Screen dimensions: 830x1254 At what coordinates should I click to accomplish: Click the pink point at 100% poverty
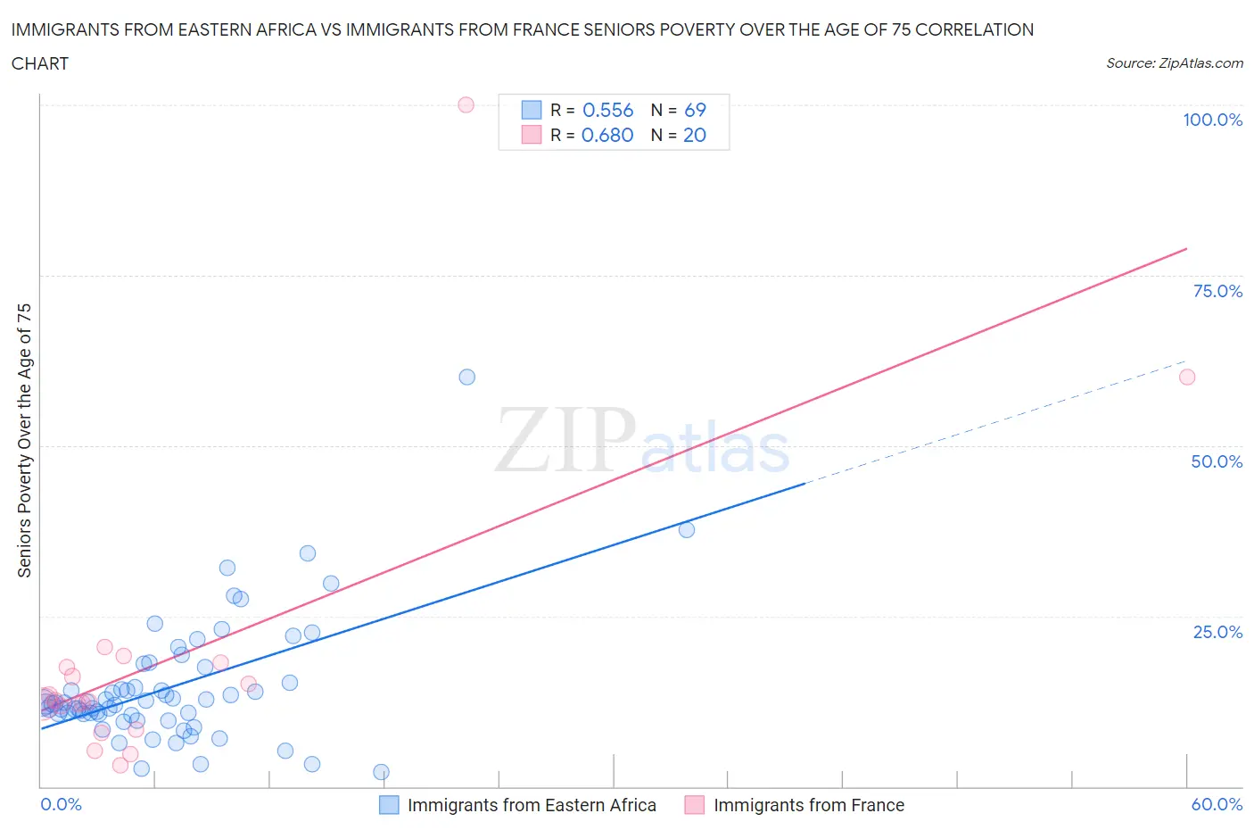[466, 104]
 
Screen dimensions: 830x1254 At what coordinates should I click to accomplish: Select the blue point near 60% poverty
[466, 377]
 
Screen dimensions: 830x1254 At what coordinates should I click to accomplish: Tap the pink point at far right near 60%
[1186, 377]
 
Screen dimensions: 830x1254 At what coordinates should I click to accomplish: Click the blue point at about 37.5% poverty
[686, 529]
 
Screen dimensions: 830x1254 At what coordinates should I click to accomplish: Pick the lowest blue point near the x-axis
[381, 772]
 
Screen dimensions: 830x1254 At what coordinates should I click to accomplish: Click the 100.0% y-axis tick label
[1212, 120]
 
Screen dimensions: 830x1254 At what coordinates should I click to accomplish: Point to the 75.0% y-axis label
[1217, 291]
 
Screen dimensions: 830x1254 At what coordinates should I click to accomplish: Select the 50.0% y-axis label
[1217, 461]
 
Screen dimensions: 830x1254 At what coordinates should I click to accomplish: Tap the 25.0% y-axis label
[1217, 632]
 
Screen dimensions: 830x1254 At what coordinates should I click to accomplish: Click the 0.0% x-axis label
[61, 804]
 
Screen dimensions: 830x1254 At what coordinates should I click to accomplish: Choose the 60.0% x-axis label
[1217, 804]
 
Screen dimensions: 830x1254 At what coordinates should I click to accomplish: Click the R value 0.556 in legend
[607, 110]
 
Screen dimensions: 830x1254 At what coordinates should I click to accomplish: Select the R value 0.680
[607, 135]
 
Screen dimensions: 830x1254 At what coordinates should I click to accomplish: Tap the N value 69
[695, 110]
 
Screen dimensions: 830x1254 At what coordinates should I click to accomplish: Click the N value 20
[695, 135]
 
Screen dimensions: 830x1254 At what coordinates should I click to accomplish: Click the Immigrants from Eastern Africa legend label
[532, 805]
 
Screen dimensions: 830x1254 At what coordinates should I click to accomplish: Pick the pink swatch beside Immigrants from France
[694, 805]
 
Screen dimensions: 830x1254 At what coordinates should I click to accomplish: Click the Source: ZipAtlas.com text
[1174, 62]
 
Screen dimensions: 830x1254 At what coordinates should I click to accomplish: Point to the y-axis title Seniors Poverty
[24, 440]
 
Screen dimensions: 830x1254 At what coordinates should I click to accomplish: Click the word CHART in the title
[39, 63]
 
